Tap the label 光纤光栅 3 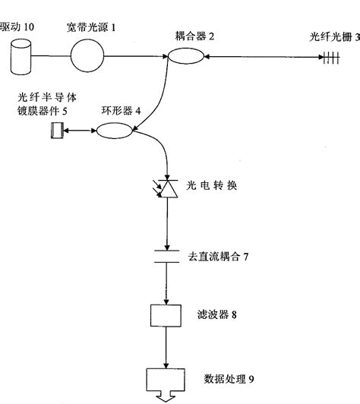pyautogui.click(x=335, y=36)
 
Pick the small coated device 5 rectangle pyautogui.click(x=55, y=131)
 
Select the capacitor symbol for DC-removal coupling pyautogui.click(x=166, y=257)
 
